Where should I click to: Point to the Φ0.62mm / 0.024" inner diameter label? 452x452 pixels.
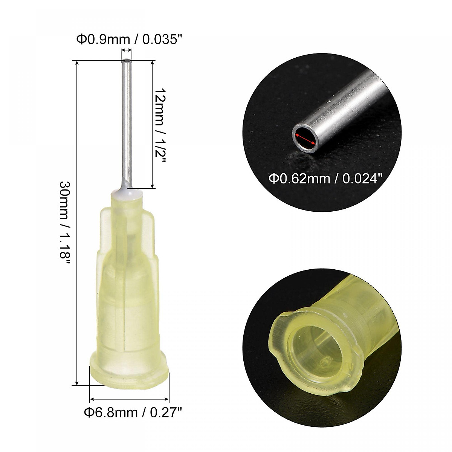pyautogui.click(x=323, y=178)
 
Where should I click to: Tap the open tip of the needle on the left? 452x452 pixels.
pyautogui.click(x=127, y=60)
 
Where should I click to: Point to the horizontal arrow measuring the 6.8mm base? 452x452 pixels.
pyautogui.click(x=130, y=399)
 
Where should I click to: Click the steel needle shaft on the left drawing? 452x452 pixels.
pyautogui.click(x=127, y=121)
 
